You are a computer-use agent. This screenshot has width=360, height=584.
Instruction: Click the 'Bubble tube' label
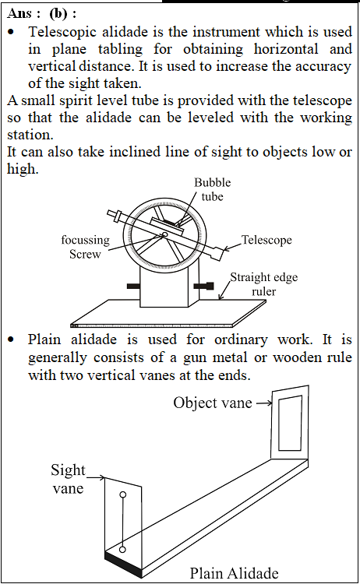212,189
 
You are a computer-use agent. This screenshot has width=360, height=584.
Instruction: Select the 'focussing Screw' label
86,247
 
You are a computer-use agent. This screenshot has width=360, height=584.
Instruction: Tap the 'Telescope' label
266,240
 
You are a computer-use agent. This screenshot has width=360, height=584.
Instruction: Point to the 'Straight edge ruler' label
264,284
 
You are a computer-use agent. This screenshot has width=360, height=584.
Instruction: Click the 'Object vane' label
213,403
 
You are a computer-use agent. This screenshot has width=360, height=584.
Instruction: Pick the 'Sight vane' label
69,479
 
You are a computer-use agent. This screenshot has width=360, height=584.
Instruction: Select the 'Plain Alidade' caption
234,573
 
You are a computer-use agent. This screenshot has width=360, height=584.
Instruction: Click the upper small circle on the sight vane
122,495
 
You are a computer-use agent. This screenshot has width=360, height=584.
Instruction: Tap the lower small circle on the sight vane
122,550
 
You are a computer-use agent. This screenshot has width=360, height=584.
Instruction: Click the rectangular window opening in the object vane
291,424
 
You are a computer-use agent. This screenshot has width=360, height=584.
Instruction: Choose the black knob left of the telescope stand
133,286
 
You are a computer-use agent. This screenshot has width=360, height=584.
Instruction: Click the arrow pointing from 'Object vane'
264,403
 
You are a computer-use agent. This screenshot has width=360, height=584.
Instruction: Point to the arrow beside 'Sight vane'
96,477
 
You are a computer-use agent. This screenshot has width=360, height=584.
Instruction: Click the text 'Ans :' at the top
23,14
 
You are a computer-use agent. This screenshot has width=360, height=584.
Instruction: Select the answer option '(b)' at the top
58,14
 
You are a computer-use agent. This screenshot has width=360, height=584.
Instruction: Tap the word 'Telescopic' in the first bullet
62,33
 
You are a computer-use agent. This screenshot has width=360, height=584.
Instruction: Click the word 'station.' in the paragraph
30,135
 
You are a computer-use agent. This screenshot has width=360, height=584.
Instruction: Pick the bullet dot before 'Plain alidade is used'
12,339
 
